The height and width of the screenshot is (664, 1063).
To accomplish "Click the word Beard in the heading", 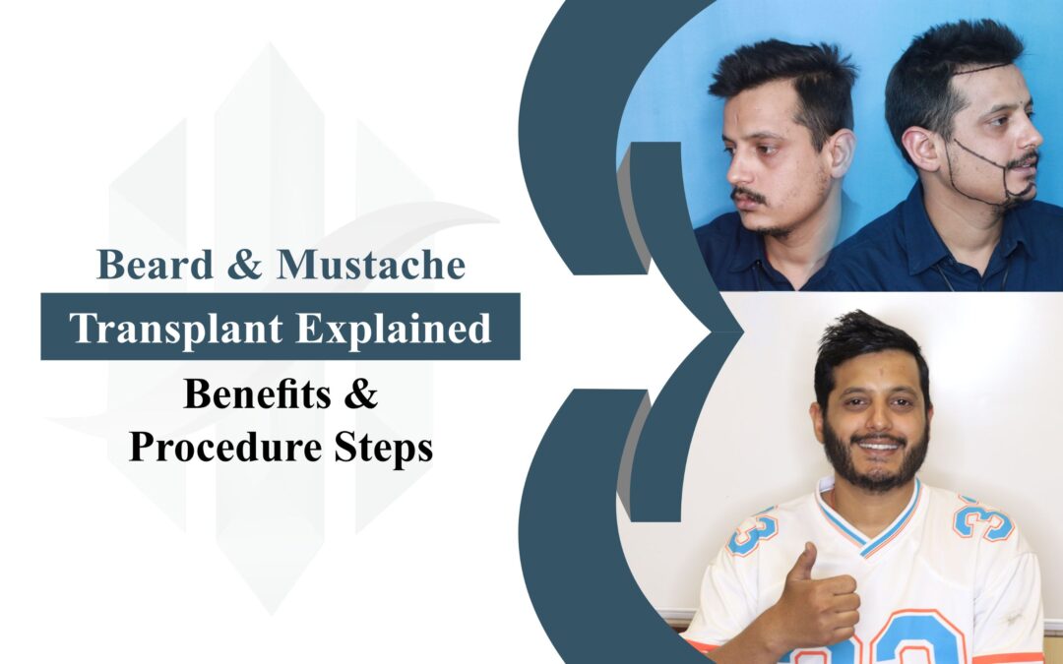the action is [x=156, y=265].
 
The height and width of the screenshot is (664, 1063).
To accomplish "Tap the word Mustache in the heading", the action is [x=371, y=265].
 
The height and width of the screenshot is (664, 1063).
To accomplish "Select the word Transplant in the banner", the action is [x=176, y=329].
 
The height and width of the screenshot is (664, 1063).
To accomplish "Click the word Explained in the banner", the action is [x=394, y=329].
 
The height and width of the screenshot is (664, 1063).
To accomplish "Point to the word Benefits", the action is [x=258, y=393].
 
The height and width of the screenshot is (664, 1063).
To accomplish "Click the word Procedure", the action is [x=225, y=448].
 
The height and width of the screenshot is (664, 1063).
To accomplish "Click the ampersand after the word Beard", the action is [x=245, y=265].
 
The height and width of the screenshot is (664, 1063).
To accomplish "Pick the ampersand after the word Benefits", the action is [x=360, y=394].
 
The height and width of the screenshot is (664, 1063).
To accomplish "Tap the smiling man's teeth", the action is [x=879, y=446].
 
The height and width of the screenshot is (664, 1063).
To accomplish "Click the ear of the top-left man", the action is [x=841, y=152].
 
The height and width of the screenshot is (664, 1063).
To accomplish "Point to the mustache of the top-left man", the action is [x=748, y=196].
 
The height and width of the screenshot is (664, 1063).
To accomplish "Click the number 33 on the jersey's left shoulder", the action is [x=753, y=529].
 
